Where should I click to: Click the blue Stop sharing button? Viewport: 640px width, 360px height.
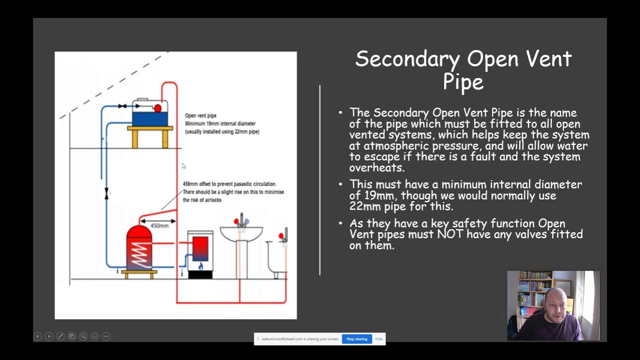[356, 339]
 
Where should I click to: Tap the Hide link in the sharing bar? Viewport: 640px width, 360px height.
[379, 339]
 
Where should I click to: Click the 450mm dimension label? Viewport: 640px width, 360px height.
[159, 225]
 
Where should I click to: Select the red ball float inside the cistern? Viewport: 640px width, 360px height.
[157, 108]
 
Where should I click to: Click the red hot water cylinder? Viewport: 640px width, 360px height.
[139, 247]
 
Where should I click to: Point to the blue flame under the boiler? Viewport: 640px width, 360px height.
[201, 266]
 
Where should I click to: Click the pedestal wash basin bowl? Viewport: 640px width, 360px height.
[241, 233]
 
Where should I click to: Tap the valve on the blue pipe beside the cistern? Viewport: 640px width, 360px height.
[122, 106]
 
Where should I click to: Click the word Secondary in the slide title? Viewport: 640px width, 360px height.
[407, 59]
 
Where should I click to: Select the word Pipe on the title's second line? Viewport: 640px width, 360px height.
[463, 82]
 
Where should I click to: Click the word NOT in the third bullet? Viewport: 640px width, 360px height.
[451, 234]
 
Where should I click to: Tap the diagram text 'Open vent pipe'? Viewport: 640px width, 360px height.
[200, 115]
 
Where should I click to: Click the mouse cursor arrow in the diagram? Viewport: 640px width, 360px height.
[183, 166]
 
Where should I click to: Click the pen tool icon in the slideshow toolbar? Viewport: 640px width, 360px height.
[60, 336]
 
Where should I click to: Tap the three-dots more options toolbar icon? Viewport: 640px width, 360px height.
[106, 336]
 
